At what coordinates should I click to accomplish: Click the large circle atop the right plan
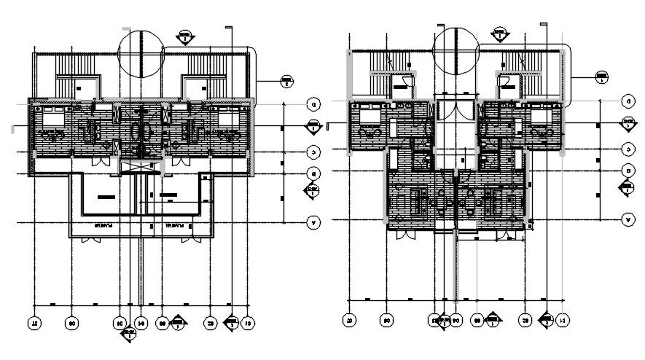pos(456,49)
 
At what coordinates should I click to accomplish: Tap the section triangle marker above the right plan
pos(500,32)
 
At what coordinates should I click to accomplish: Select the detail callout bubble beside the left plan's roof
pos(286,83)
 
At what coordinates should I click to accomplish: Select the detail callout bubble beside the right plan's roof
pos(603,76)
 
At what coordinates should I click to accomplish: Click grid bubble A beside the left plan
pos(311,223)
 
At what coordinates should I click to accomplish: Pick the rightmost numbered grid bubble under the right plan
pos(562,319)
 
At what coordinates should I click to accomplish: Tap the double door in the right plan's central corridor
pos(455,115)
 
